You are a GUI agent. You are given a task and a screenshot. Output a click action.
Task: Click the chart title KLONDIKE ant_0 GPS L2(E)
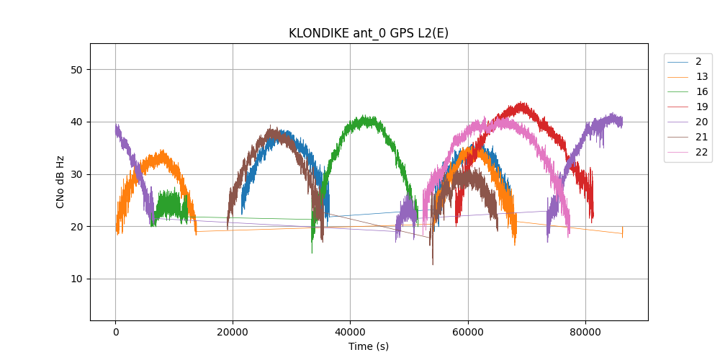[x=369, y=33]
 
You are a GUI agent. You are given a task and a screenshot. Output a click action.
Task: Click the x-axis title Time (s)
[x=369, y=346]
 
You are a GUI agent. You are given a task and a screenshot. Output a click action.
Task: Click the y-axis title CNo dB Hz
[x=60, y=181]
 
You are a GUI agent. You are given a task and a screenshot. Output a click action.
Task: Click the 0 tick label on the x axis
[x=115, y=332]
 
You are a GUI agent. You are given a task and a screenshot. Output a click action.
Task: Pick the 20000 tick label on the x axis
[x=233, y=332]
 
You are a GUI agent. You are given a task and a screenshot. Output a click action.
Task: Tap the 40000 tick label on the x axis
[x=350, y=332]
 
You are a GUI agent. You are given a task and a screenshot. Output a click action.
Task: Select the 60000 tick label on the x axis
[x=468, y=332]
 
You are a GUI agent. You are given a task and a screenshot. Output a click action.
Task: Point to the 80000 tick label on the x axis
[x=585, y=332]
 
